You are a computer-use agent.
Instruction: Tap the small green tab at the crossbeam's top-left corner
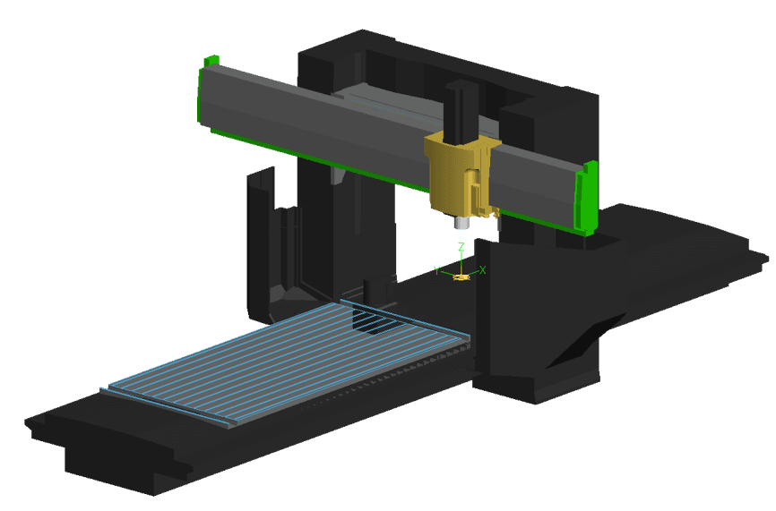tap(211, 61)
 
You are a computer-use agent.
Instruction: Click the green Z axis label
tap(461, 246)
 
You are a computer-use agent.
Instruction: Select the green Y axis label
tap(436, 269)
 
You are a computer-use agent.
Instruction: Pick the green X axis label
tap(483, 269)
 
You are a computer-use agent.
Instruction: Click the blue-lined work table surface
tap(287, 358)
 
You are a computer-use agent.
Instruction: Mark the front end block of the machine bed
tap(116, 456)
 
